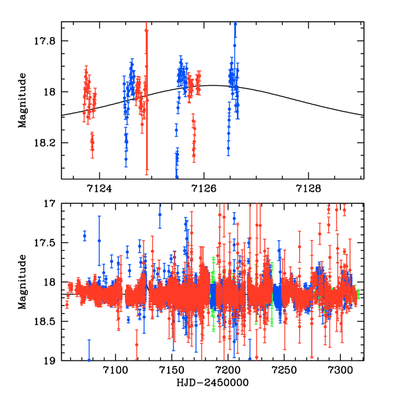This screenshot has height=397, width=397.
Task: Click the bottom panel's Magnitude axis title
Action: click(x=22, y=283)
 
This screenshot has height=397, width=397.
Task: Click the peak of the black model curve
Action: click(x=213, y=85)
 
